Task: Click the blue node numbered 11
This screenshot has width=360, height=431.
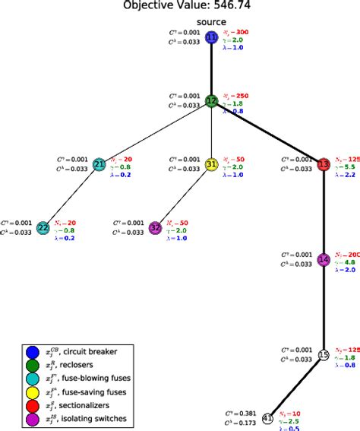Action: (212, 37)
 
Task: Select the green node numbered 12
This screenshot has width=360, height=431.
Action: (212, 100)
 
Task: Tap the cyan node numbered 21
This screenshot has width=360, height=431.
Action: (99, 163)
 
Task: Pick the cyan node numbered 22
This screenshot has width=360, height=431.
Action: (43, 227)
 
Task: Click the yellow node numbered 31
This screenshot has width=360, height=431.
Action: (212, 163)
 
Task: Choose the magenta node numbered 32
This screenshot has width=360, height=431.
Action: (156, 227)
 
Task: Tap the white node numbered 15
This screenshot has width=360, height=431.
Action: (324, 354)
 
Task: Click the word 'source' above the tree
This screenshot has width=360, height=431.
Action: (212, 22)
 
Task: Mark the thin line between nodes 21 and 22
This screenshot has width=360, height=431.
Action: (71, 195)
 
